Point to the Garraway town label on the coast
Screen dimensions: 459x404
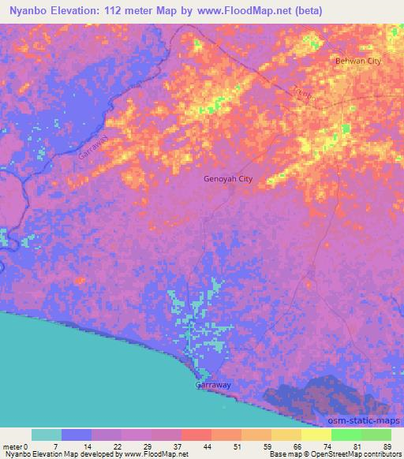[x=213, y=386]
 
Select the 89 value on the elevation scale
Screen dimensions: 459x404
[x=387, y=446]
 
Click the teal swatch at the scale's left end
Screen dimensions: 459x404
[x=47, y=435]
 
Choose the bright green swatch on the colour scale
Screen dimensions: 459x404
[x=346, y=435]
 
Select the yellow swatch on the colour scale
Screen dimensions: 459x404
[x=316, y=435]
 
